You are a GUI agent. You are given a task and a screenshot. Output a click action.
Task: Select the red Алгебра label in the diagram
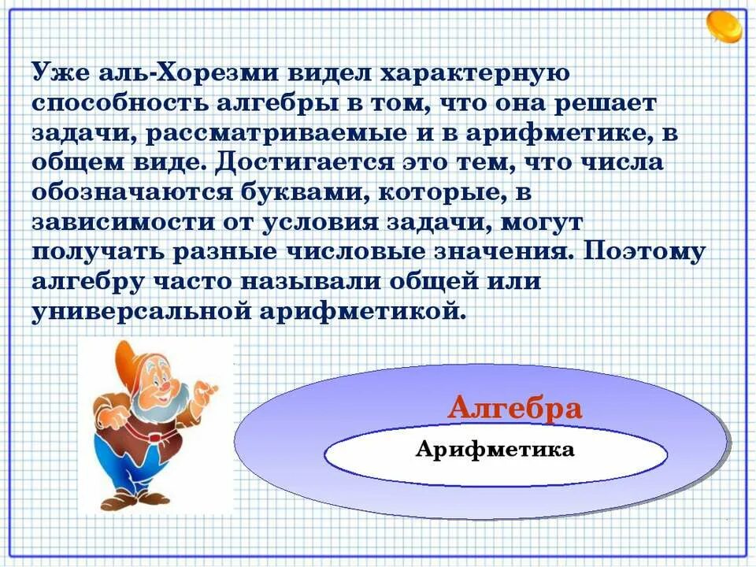(x=515, y=409)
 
